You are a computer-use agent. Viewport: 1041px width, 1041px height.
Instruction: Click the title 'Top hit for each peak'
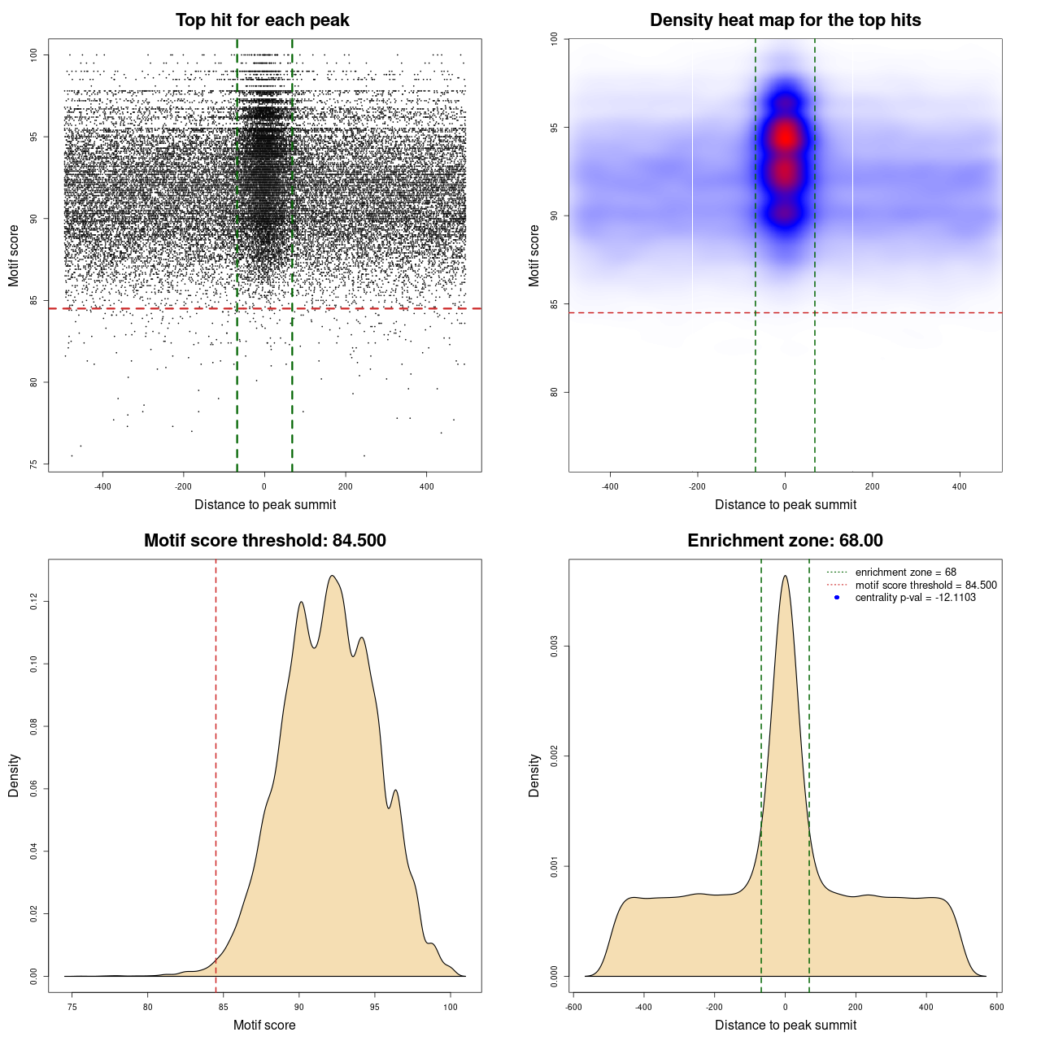tap(263, 20)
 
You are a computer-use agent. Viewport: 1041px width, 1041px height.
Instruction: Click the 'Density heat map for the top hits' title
tap(785, 20)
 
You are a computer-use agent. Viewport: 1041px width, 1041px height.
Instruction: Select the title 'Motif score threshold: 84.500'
tap(264, 541)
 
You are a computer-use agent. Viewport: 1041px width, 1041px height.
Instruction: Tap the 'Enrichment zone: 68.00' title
tap(785, 541)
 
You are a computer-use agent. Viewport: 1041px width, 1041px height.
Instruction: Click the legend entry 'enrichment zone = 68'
tap(905, 573)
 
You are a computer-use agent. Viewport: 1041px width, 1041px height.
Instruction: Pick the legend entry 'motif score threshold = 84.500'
tap(926, 585)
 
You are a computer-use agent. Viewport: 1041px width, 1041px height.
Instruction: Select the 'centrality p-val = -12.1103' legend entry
tap(915, 598)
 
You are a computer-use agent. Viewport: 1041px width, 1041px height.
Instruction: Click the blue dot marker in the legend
tap(837, 598)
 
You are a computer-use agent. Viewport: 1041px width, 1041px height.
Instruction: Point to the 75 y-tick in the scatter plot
tap(33, 464)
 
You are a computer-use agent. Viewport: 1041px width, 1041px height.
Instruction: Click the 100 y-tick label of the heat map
tap(554, 38)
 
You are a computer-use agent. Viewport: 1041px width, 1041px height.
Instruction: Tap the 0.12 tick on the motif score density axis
tap(33, 602)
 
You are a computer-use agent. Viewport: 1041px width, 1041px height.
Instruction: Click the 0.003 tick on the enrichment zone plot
tap(554, 647)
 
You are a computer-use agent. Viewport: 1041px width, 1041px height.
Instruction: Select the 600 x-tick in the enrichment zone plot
tap(996, 1007)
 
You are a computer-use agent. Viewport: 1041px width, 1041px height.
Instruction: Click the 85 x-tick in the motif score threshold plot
tap(224, 1007)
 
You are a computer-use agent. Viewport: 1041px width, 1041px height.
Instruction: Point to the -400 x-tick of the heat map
tap(610, 486)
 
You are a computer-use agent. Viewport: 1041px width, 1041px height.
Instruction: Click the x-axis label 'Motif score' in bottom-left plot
tap(264, 1025)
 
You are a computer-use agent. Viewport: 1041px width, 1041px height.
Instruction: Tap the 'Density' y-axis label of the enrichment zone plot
tap(534, 775)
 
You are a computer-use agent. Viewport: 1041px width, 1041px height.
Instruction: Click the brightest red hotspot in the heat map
tap(785, 137)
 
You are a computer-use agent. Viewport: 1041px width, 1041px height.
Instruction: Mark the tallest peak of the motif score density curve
tap(332, 576)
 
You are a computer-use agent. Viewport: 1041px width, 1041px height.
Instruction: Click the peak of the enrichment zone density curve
tap(785, 576)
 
